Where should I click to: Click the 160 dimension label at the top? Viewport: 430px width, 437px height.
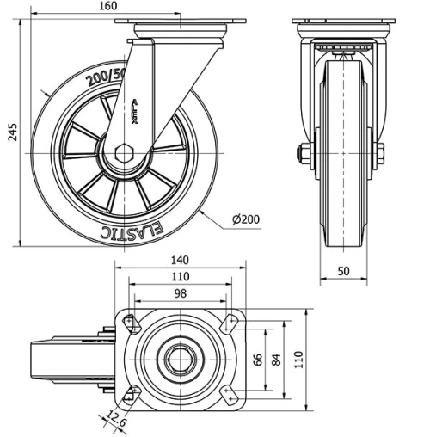point(132,7)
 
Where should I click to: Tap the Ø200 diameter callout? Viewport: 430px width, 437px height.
point(247,219)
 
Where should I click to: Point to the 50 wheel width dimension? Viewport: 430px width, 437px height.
point(343,270)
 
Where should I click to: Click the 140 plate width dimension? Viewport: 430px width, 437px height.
point(179,259)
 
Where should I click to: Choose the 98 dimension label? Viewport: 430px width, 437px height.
point(179,294)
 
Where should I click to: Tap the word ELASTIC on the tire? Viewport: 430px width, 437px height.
point(129,230)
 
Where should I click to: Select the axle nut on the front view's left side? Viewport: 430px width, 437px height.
point(304,155)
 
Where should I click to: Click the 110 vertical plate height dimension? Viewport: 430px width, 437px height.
point(298,358)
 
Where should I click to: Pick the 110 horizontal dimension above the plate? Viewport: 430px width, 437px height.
point(179,277)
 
